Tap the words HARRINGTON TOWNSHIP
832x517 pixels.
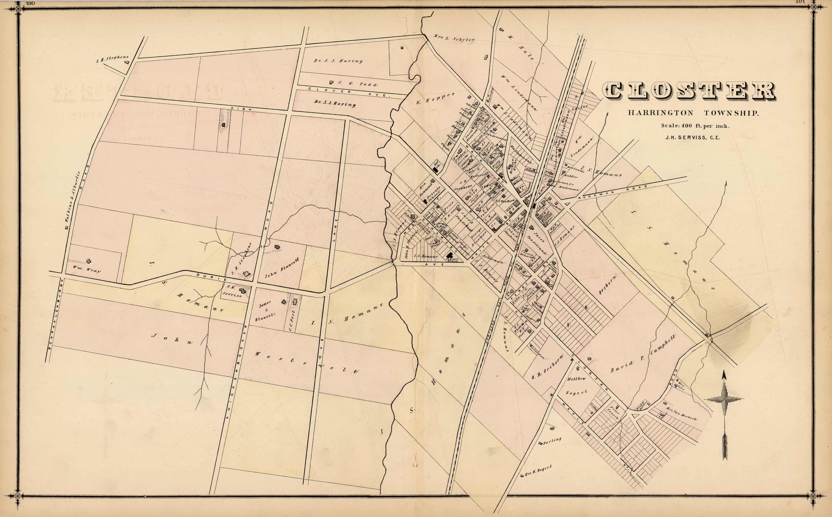693,113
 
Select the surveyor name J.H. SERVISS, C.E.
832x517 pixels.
693,138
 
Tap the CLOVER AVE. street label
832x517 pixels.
349,92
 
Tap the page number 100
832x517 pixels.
30,3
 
